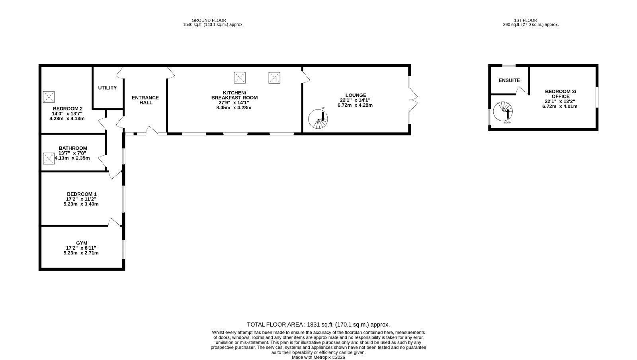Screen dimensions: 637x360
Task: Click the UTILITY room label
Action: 107,88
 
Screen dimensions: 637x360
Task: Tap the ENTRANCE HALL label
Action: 145,100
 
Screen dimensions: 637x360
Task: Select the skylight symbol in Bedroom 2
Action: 49,97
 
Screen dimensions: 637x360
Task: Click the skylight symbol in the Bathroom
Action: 49,158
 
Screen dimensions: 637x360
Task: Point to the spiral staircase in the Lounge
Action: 318,119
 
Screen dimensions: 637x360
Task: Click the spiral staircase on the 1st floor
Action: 503,111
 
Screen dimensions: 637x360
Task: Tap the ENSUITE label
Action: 509,80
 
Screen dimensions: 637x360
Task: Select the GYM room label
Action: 82,243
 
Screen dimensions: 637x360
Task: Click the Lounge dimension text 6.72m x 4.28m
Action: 355,105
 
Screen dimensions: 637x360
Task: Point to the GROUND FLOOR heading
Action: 209,20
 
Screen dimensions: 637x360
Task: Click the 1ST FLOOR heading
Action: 526,20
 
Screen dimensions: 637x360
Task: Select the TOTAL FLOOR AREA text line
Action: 318,325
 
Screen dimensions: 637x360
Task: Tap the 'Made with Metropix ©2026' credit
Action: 318,358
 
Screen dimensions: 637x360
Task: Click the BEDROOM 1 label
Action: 82,194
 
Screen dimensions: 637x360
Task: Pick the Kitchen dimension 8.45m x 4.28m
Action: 234,108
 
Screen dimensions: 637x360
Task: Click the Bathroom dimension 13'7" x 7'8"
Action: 72,153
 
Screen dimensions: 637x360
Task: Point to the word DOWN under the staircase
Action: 508,123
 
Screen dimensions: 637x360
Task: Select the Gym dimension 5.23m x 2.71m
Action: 81,253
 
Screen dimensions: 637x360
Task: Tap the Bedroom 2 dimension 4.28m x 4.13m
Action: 67,119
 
